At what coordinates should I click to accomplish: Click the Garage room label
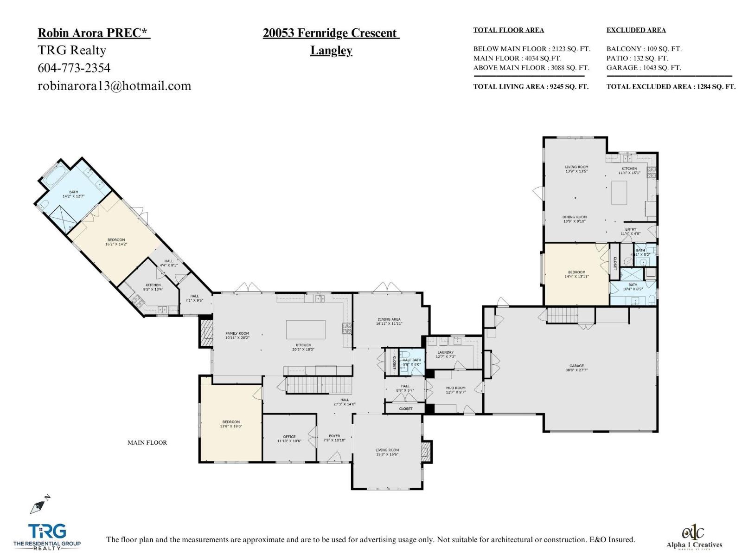click(576, 368)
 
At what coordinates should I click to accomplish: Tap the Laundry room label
click(446, 355)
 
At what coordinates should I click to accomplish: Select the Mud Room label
click(455, 390)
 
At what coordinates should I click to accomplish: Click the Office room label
click(289, 439)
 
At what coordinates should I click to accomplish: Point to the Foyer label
click(334, 438)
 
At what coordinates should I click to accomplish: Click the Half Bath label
click(411, 362)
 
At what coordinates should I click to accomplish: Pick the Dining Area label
click(389, 321)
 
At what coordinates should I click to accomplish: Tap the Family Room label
click(237, 335)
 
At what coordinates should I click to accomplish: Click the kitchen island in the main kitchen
click(306, 330)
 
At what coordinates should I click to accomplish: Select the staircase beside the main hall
click(319, 385)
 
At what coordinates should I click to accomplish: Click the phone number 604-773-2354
click(74, 68)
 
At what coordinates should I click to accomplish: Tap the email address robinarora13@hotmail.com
click(114, 86)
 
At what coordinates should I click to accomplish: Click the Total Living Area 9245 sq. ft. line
click(531, 86)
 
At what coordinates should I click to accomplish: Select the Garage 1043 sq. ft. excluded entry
click(643, 68)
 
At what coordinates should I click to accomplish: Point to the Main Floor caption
click(147, 443)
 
